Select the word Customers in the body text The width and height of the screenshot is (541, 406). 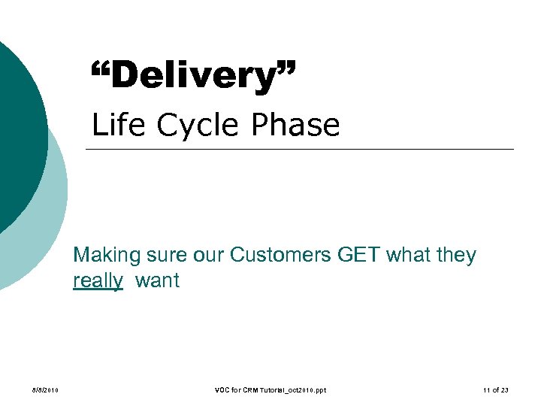[x=280, y=256]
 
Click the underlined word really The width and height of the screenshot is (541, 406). [x=98, y=281]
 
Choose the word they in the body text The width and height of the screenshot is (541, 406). [x=455, y=256]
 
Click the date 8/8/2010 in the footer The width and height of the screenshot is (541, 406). [x=46, y=390]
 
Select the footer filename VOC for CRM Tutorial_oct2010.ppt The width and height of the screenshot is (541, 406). [x=270, y=390]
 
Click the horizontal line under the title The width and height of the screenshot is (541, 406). [x=301, y=149]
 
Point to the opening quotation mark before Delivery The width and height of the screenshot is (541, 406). [x=99, y=70]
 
